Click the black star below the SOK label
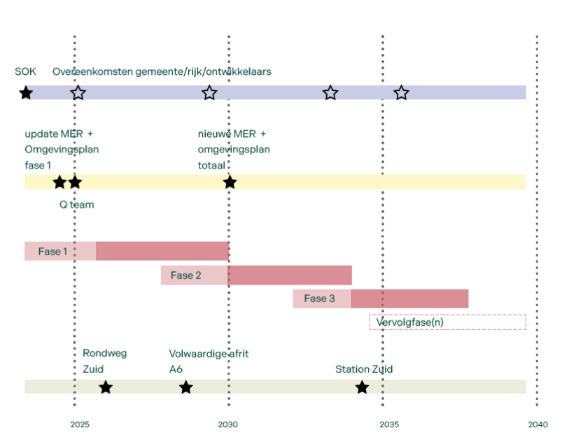pyautogui.click(x=26, y=93)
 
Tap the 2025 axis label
pyautogui.click(x=80, y=424)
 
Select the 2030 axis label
pyautogui.click(x=227, y=424)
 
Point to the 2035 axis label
pyautogui.click(x=389, y=424)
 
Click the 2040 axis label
pyautogui.click(x=538, y=424)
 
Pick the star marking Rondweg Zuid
pyautogui.click(x=106, y=387)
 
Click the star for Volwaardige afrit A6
pyautogui.click(x=186, y=387)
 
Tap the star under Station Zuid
pyautogui.click(x=363, y=387)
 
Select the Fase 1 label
pyautogui.click(x=52, y=251)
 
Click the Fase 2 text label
pyautogui.click(x=186, y=275)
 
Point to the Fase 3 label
pyautogui.click(x=319, y=299)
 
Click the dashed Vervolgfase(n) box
pyautogui.click(x=448, y=315)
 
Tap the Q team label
pyautogui.click(x=77, y=204)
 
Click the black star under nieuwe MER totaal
pyautogui.click(x=230, y=182)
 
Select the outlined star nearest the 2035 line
pyautogui.click(x=401, y=93)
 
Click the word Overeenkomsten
pyautogui.click(x=92, y=71)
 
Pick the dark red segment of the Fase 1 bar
pyautogui.click(x=162, y=251)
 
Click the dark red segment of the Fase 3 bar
pyautogui.click(x=409, y=299)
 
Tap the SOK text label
pyautogui.click(x=25, y=71)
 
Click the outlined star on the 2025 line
pyautogui.click(x=78, y=93)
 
